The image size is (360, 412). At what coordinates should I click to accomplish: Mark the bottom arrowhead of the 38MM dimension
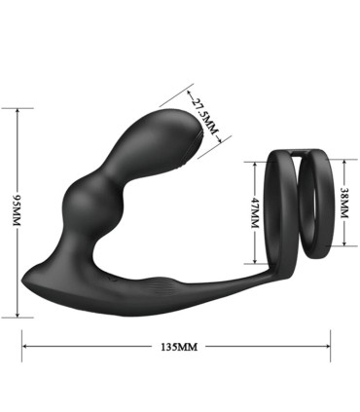(x=342, y=231)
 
